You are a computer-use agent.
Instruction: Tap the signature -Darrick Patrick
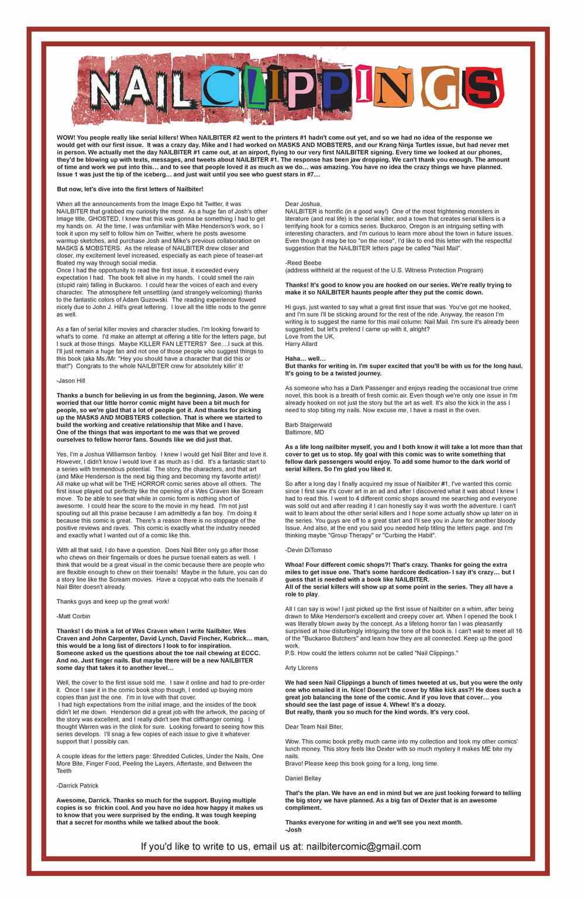coord(77,785)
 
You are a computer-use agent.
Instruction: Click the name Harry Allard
coord(301,344)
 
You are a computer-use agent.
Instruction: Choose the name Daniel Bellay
coord(303,778)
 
